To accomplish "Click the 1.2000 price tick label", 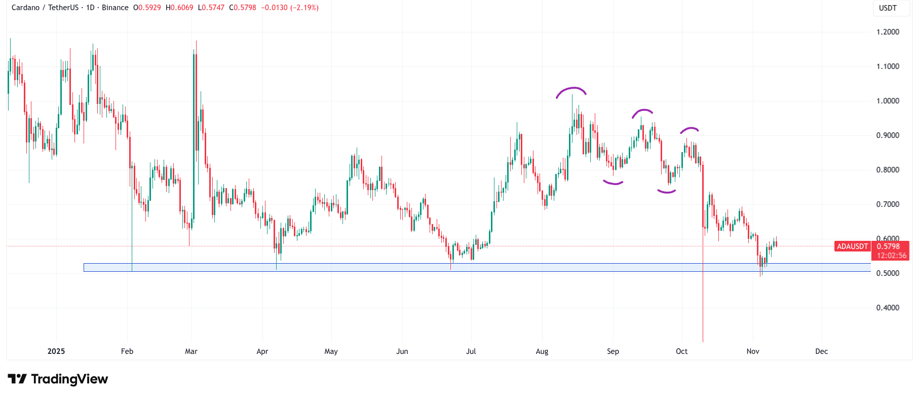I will tap(888, 32).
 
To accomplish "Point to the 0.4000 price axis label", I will tap(888, 308).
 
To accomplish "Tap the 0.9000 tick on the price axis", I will tap(888, 135).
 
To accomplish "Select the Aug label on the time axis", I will tap(542, 351).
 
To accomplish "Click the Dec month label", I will tap(821, 351).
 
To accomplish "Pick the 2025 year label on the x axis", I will tap(56, 351).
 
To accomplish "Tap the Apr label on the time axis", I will tap(262, 351).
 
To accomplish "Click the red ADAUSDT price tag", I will tap(852, 246).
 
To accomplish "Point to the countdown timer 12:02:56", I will tap(892, 256).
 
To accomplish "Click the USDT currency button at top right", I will tap(888, 8).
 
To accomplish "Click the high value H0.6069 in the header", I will tap(179, 8).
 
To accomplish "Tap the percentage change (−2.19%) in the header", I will tap(304, 8).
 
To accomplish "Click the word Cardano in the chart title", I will tap(25, 8).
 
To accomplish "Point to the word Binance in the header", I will tap(115, 8).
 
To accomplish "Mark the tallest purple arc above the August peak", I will tap(571, 89).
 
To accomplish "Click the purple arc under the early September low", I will tap(613, 183).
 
